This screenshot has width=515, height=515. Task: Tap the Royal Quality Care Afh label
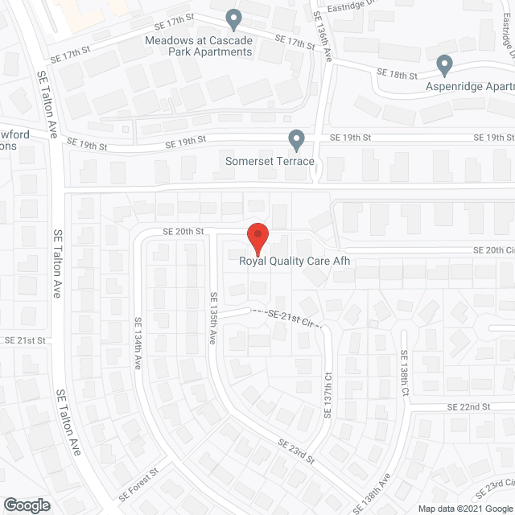pyautogui.click(x=297, y=260)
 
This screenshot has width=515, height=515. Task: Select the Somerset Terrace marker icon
pyautogui.click(x=297, y=140)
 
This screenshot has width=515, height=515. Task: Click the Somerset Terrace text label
pyautogui.click(x=270, y=161)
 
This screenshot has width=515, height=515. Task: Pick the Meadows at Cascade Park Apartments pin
pyautogui.click(x=233, y=17)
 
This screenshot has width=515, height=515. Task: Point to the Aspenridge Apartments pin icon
pyautogui.click(x=443, y=64)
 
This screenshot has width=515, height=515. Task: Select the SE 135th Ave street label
pyautogui.click(x=213, y=319)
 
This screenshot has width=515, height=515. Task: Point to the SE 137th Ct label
pyautogui.click(x=328, y=394)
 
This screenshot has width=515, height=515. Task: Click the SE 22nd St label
pyautogui.click(x=468, y=407)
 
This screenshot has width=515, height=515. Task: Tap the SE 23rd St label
pyautogui.click(x=295, y=451)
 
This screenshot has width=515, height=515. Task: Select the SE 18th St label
pyautogui.click(x=398, y=75)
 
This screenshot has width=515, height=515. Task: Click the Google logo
pyautogui.click(x=26, y=505)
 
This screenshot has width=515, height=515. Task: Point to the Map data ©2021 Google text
pyautogui.click(x=464, y=508)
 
